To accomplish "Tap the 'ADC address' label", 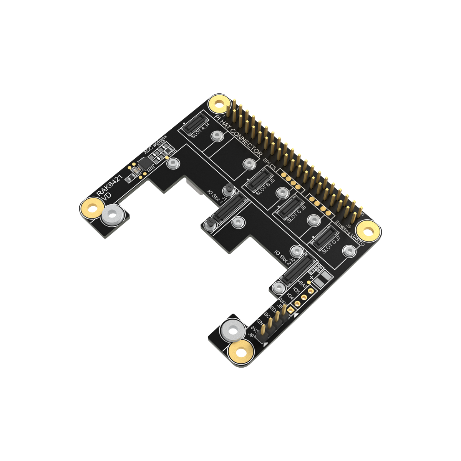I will pos(155,145).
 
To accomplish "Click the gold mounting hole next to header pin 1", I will pos(218,104).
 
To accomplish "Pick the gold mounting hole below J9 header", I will pos(240,352).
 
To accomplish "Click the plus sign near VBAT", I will pos(312,277).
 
